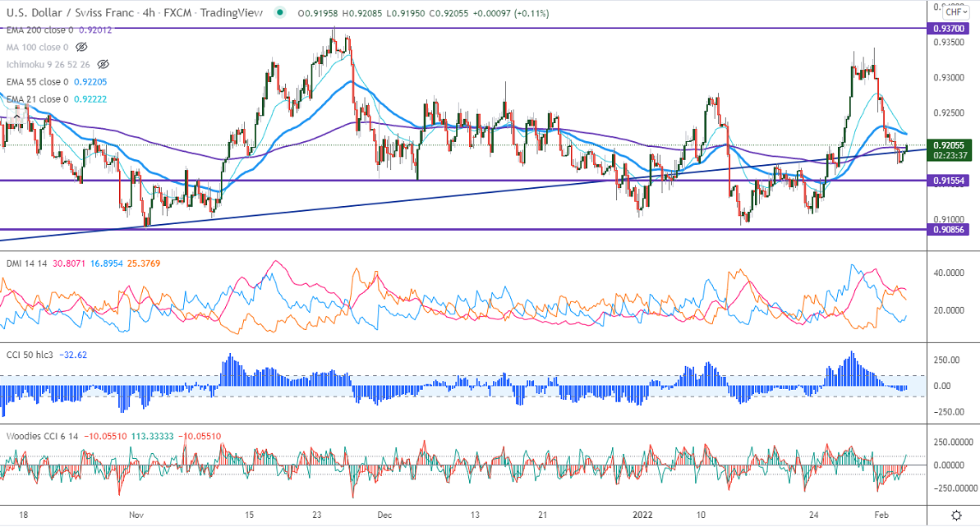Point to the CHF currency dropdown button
pyautogui.click(x=955, y=11)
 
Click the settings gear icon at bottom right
pyautogui.click(x=956, y=515)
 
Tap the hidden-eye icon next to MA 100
pyautogui.click(x=81, y=47)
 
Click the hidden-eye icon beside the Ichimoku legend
pyautogui.click(x=103, y=64)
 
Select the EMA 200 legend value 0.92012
pyautogui.click(x=91, y=30)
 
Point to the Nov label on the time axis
pyautogui.click(x=136, y=515)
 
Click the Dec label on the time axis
pyautogui.click(x=384, y=515)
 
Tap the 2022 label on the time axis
pyautogui.click(x=644, y=515)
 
